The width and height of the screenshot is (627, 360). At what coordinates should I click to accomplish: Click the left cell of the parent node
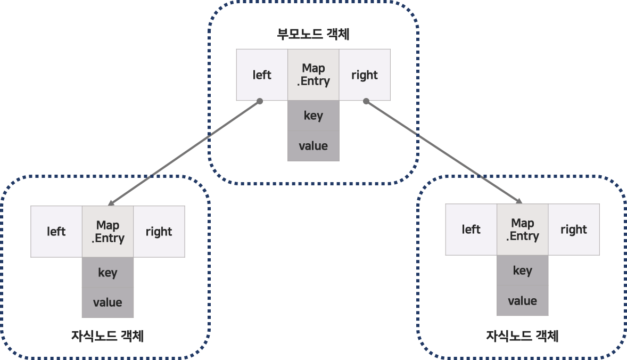[x=262, y=75]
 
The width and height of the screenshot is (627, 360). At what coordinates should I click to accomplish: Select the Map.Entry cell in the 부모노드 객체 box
[x=313, y=75]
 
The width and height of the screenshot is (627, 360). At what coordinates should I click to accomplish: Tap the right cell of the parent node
[x=365, y=75]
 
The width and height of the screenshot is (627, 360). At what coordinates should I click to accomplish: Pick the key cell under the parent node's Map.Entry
[x=313, y=116]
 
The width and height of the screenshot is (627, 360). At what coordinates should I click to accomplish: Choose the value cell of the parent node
[x=313, y=146]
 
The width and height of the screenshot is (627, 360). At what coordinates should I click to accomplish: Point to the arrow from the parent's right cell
[x=443, y=152]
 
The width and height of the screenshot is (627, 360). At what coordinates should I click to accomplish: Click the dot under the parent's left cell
[x=260, y=101]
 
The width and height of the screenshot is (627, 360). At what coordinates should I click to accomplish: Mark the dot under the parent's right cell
[x=366, y=101]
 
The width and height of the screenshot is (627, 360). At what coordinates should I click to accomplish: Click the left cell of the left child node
[x=56, y=232]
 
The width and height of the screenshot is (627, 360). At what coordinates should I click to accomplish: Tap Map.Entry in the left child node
[x=108, y=232]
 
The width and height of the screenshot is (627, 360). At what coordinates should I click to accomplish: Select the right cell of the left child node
[x=159, y=232]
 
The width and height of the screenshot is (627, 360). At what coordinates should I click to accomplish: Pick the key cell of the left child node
[x=108, y=273]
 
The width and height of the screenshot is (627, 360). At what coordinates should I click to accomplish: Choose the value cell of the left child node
[x=108, y=302]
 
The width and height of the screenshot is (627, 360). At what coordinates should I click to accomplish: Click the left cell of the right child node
[x=471, y=230]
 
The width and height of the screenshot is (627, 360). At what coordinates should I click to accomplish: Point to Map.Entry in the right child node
[x=523, y=230]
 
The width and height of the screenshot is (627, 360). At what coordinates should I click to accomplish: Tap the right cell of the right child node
[x=574, y=230]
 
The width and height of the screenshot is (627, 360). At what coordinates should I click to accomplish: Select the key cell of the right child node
[x=523, y=271]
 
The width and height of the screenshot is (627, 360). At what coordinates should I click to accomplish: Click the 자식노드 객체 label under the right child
[x=522, y=336]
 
